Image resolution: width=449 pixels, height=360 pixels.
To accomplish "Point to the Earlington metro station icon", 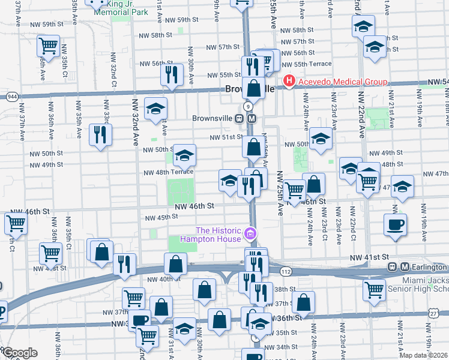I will (x=405, y=266).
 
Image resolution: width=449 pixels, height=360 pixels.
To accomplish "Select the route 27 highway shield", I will (x=433, y=313).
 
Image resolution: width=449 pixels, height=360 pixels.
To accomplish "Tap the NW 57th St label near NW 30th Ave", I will (x=223, y=47).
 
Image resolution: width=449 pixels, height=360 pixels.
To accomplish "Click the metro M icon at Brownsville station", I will (x=252, y=118).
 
